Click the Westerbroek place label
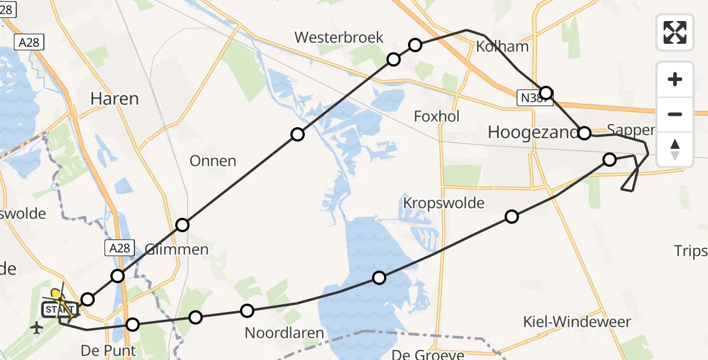[x=338, y=37]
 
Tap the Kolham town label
[x=502, y=47]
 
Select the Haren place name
[x=114, y=98]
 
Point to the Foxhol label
[x=437, y=116]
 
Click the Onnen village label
[x=212, y=161]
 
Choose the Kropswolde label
[x=443, y=203]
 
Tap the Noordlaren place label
[x=284, y=332]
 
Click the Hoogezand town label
[x=533, y=132]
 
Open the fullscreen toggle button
[x=675, y=32]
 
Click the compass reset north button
[x=675, y=149]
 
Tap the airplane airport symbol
[x=37, y=328]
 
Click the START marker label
[x=58, y=310]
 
